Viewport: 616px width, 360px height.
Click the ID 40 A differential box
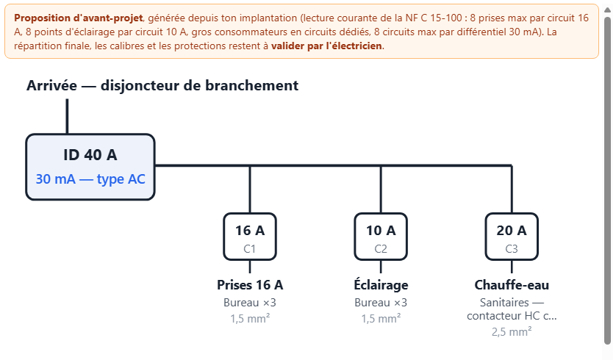[x=90, y=167]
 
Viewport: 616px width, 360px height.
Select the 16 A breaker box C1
[x=250, y=237]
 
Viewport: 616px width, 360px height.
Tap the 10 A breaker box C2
[x=381, y=237]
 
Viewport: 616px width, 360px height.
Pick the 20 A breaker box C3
[x=512, y=237]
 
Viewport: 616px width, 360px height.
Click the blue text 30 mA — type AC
[x=90, y=179]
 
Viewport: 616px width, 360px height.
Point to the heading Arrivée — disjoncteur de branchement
[x=162, y=85]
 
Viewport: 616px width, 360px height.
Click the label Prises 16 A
[x=250, y=285]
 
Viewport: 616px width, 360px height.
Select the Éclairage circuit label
[x=381, y=284]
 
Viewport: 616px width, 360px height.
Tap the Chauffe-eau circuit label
[x=512, y=285]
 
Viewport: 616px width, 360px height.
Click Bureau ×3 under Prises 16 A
[x=250, y=303]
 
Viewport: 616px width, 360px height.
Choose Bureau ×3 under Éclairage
[x=381, y=303]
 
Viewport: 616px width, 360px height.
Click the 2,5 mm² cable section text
[x=512, y=332]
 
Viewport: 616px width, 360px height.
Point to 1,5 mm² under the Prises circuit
[x=250, y=318]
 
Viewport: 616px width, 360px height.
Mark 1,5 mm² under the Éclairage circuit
[x=381, y=318]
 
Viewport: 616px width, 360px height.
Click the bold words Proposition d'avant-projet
[x=79, y=18]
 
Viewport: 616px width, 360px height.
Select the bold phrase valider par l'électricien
[x=326, y=46]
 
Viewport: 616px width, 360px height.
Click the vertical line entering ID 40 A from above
[x=67, y=116]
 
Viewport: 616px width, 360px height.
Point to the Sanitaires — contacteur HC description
[x=512, y=309]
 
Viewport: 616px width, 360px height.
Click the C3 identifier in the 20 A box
[x=512, y=249]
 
